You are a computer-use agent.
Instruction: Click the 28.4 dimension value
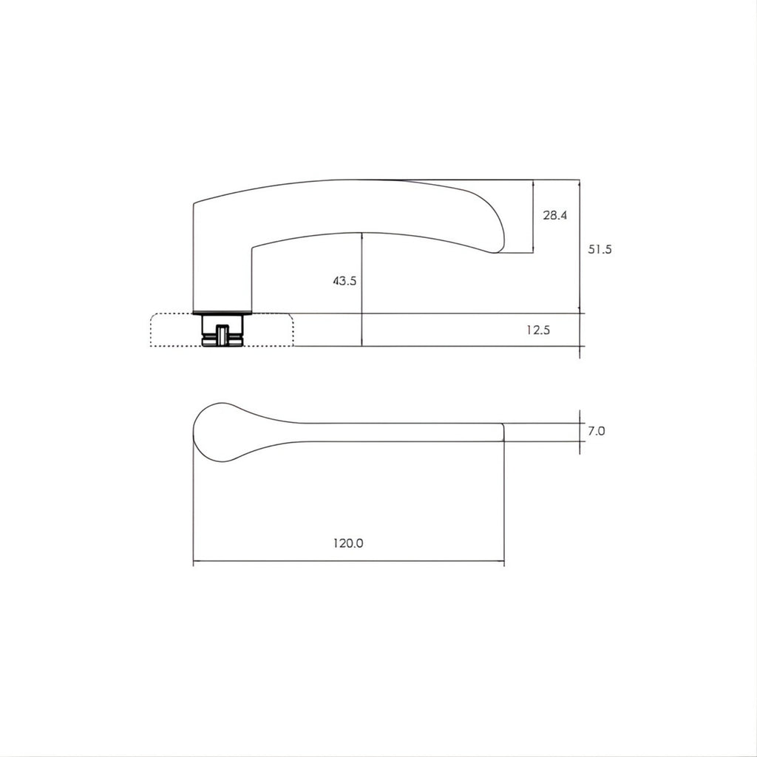[x=554, y=215]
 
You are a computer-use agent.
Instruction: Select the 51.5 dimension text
[x=600, y=249]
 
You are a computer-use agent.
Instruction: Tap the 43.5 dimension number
[x=344, y=280]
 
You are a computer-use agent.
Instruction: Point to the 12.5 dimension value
[x=538, y=330]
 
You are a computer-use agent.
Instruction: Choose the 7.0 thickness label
[x=597, y=431]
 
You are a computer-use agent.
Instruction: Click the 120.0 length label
[x=348, y=543]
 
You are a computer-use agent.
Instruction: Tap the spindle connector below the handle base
[x=222, y=330]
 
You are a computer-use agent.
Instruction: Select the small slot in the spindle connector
[x=222, y=336]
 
